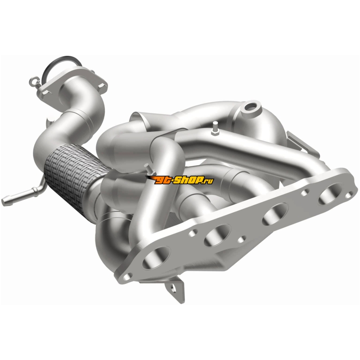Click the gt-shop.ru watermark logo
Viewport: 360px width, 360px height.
coord(179,180)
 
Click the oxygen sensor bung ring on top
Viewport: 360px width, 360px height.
coord(252,107)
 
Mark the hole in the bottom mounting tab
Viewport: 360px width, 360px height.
coord(173,288)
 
